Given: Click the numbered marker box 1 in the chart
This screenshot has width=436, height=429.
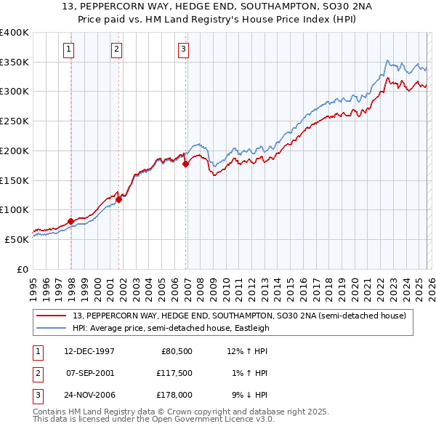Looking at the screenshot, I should pos(68,49).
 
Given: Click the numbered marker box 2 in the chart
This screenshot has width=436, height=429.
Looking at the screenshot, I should pos(116,49).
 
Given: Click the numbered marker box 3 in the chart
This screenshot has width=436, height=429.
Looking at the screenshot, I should pos(182,49).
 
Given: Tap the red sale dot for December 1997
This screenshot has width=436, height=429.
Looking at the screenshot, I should pos(70,221).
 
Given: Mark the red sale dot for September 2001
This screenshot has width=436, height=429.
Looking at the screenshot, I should pos(119,199).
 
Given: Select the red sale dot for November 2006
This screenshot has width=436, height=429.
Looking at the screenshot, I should pos(186,164).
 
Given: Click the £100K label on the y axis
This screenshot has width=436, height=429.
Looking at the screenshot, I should pos(15,210).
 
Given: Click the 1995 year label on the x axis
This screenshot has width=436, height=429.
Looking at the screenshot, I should pos(33,284).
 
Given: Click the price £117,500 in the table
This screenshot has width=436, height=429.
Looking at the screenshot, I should pos(174,373).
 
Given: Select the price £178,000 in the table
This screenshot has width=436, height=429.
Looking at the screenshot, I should pos(174,395).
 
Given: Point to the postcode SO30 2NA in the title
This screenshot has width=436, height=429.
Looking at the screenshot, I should pos(291,8).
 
